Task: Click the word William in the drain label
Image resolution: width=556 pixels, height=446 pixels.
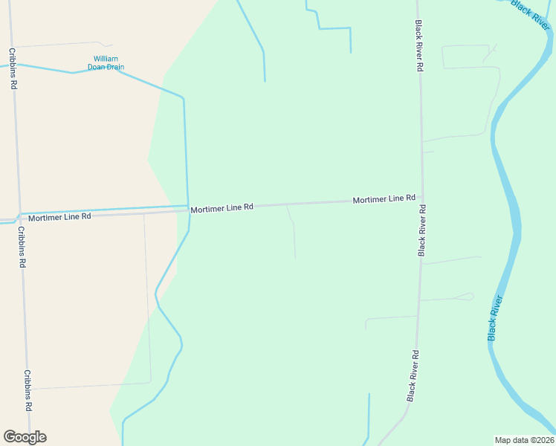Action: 106,59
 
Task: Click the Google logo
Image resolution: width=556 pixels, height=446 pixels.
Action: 25,437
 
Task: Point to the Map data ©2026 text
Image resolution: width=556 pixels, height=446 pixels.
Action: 524,439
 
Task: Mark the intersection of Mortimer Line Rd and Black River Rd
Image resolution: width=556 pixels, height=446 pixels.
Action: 422,198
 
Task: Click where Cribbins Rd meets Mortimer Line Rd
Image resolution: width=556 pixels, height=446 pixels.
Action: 19,217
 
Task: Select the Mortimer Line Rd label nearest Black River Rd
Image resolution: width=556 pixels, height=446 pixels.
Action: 384,199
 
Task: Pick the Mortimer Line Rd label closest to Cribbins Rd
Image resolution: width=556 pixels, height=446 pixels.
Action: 59,216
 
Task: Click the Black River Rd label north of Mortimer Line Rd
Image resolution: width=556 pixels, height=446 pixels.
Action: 419,45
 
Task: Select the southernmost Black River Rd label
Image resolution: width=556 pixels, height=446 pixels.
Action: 413,376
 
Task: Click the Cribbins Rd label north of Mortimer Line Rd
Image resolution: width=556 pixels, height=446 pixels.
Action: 13,68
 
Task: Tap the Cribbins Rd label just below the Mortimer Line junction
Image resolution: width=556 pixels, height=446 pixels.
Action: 22,247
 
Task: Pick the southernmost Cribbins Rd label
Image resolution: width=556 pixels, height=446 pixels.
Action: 28,390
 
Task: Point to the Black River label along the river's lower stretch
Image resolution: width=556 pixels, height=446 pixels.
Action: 496,318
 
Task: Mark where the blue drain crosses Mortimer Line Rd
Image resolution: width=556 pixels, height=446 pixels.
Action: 188,210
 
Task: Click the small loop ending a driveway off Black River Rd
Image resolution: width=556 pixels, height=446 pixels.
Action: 469,297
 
